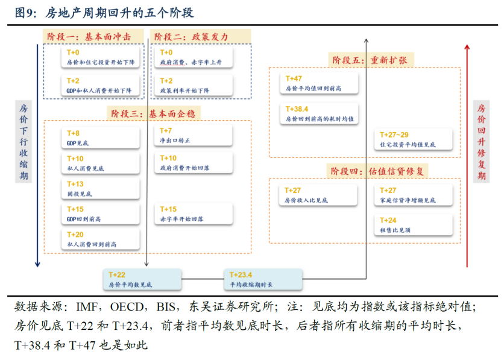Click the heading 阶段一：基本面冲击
pos(95,36)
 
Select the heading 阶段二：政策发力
pos(191,36)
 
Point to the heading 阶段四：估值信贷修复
pos(379,171)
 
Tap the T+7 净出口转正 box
pos(194,136)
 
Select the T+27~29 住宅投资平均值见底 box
pos(415,140)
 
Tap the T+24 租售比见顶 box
pos(415,225)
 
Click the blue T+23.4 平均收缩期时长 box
pos(263,279)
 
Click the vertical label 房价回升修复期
pos(481,142)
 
